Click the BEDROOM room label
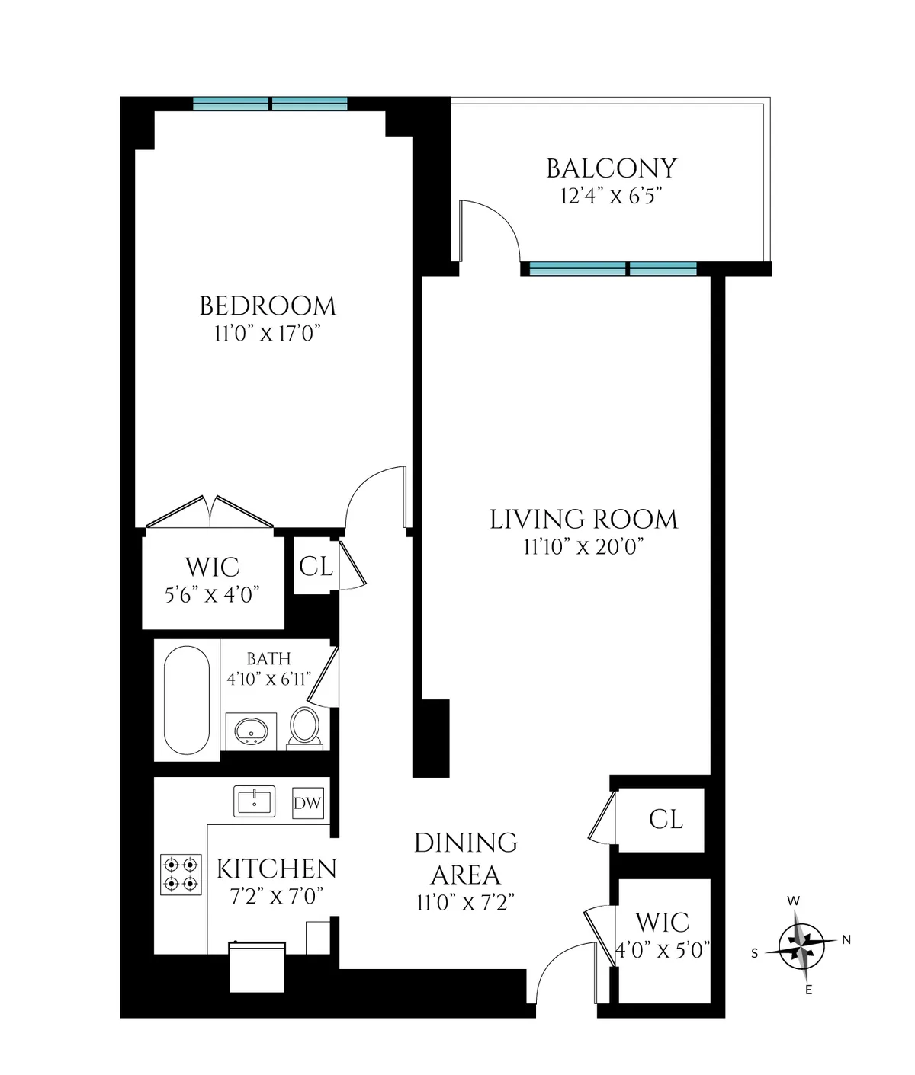tap(267, 306)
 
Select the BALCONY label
tap(612, 168)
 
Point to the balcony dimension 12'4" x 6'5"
tap(611, 196)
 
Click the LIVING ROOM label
tap(583, 520)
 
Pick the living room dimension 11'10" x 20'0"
tap(583, 547)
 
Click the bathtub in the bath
tap(187, 700)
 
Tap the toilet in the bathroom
tap(304, 726)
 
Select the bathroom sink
tap(251, 732)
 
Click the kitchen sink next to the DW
tap(254, 801)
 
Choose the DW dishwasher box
tap(308, 804)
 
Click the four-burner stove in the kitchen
tap(181, 874)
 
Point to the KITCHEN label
tap(276, 869)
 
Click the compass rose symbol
tap(801, 945)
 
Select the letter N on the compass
tap(846, 940)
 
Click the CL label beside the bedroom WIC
tap(316, 567)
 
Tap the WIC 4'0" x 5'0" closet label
tap(662, 936)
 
